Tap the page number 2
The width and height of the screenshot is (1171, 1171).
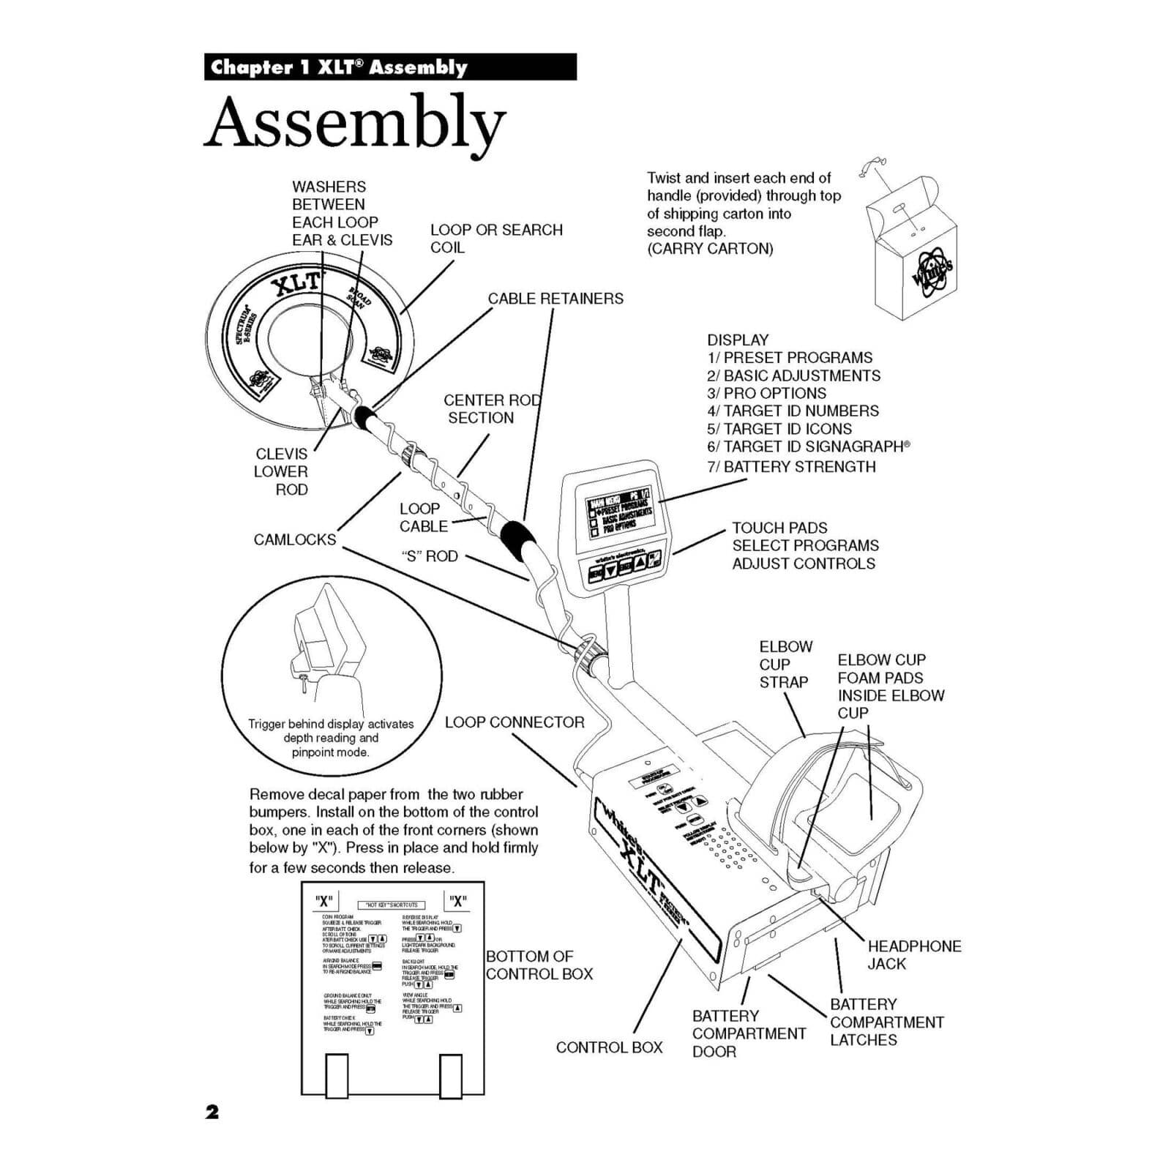click(212, 1112)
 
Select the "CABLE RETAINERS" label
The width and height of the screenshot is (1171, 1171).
click(555, 299)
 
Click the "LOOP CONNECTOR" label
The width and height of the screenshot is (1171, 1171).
click(515, 722)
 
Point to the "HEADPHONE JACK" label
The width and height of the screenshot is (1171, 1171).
click(913, 955)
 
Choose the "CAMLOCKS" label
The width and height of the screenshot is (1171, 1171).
click(295, 540)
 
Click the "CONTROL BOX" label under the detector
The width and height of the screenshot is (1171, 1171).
click(609, 1047)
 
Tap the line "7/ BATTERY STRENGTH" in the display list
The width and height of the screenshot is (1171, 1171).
click(790, 467)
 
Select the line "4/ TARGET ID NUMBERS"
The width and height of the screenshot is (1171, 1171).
click(793, 411)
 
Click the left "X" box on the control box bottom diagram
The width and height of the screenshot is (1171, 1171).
click(324, 900)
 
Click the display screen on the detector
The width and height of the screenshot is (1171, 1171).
click(618, 515)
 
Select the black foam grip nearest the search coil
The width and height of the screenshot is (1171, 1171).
click(364, 416)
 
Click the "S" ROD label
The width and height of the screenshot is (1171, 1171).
click(430, 556)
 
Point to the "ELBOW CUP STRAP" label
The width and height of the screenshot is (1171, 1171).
click(784, 665)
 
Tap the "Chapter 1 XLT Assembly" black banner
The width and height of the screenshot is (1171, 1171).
click(390, 67)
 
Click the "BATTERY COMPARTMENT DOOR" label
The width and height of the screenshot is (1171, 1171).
click(748, 1033)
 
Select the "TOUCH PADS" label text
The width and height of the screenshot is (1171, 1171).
click(779, 528)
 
